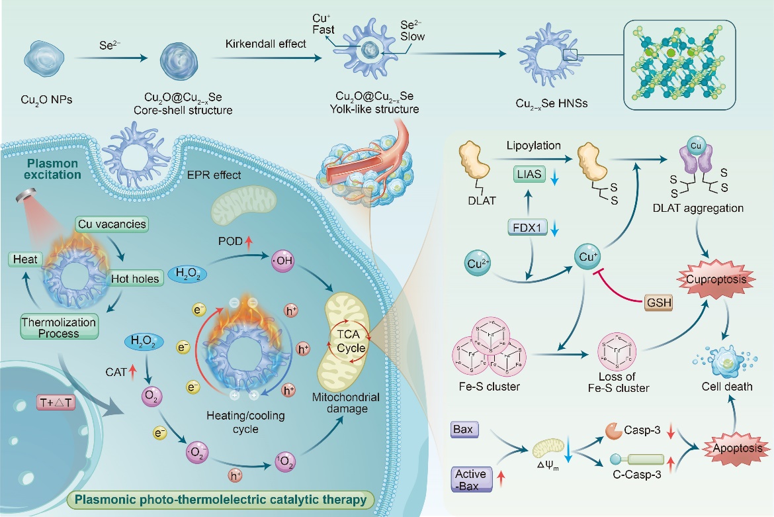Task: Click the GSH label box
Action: click(x=658, y=303)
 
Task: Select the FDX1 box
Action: click(x=527, y=228)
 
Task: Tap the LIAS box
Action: click(x=529, y=174)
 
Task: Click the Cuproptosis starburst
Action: click(x=716, y=279)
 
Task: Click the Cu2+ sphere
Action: click(x=478, y=263)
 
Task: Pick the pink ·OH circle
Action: click(x=283, y=260)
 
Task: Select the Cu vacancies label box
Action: click(x=112, y=224)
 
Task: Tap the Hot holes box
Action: click(x=135, y=279)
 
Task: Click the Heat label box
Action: click(x=25, y=259)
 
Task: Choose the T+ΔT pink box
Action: click(x=56, y=402)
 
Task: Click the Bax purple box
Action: click(x=464, y=429)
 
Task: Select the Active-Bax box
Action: click(x=472, y=479)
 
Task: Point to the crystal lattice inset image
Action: click(x=679, y=65)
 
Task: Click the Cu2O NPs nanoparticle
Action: click(x=44, y=59)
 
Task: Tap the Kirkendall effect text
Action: click(x=265, y=44)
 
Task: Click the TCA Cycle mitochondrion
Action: click(x=348, y=341)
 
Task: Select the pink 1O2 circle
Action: click(x=285, y=462)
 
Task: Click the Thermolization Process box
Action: click(x=60, y=327)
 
